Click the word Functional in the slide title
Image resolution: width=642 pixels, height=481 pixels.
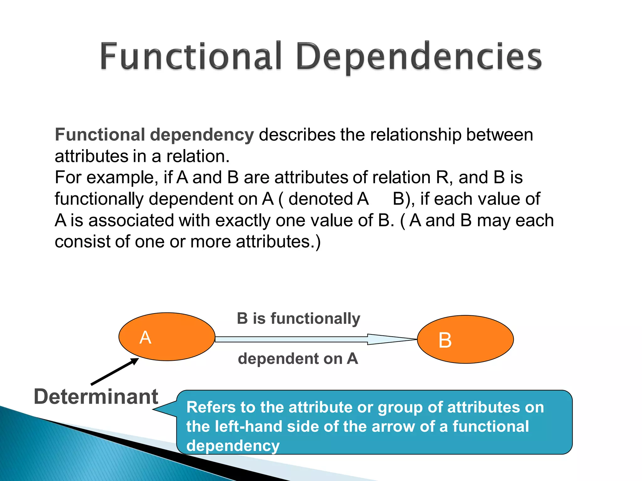pos(191,56)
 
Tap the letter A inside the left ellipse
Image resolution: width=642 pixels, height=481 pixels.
pos(145,338)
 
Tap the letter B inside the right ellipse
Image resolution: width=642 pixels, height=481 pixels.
pos(445,340)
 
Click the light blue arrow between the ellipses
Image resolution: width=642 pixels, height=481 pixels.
pos(313,339)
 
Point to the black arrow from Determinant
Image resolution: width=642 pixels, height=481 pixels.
pos(115,371)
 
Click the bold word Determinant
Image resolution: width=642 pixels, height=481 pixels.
pos(96,397)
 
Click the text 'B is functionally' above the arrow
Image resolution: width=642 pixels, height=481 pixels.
pos(298,318)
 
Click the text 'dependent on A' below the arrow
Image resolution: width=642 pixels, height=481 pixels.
pos(298,359)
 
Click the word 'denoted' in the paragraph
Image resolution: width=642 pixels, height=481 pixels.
pos(320,199)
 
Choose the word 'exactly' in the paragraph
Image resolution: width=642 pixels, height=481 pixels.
pos(243,220)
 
